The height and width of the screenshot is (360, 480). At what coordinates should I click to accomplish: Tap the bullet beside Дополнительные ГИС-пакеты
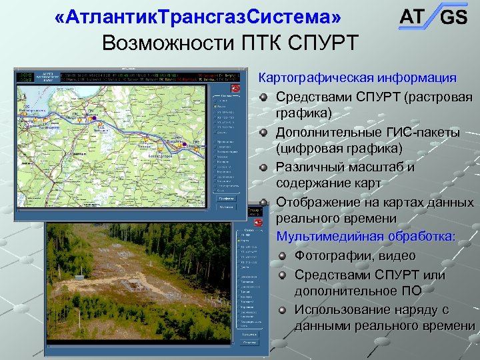[265, 133]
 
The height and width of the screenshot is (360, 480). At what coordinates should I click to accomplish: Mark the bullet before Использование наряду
[283, 310]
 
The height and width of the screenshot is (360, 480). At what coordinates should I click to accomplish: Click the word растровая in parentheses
[437, 97]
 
